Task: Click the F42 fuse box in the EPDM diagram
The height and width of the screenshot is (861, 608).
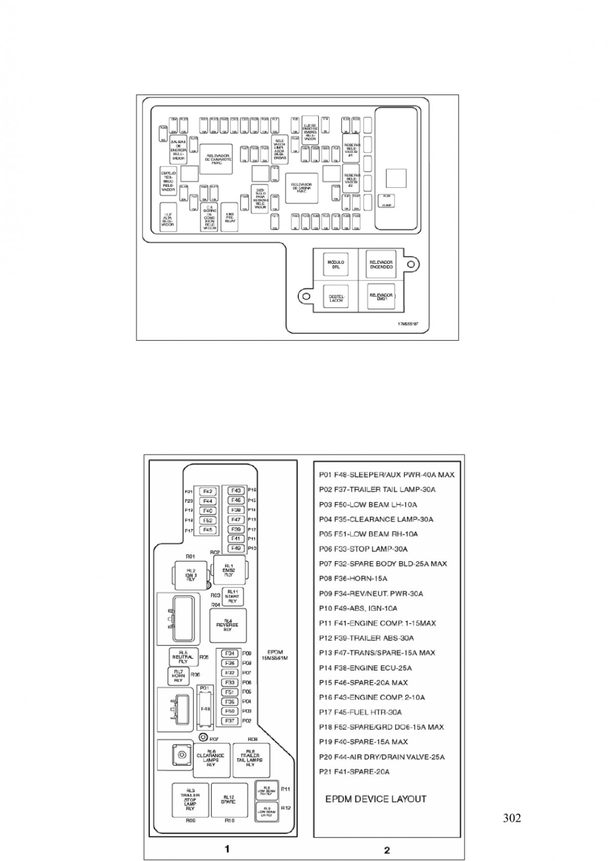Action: point(208,491)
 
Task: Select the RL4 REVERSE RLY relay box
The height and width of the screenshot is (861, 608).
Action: point(227,625)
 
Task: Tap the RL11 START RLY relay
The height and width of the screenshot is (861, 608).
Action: point(232,596)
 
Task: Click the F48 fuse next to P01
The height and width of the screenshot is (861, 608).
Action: point(205,709)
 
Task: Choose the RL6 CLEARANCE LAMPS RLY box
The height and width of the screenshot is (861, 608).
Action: point(211,760)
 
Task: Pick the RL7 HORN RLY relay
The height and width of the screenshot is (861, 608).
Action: point(178,676)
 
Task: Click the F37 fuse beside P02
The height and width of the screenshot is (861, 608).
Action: point(230,721)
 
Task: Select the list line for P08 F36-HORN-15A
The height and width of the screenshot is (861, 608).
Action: point(353,579)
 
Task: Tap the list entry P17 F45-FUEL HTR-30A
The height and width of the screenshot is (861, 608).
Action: point(360,712)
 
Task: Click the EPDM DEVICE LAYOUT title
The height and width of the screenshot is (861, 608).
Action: point(375,799)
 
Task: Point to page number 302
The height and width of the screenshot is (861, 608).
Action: point(512,818)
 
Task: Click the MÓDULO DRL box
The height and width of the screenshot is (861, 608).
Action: point(336,264)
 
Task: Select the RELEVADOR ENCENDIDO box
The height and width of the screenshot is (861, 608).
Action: point(381,264)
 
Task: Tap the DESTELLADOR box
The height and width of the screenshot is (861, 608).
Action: point(336,297)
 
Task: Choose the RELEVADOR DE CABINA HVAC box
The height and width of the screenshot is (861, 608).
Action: point(301,188)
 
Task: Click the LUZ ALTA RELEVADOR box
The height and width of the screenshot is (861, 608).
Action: point(168,218)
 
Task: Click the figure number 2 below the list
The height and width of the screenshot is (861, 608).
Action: point(387,850)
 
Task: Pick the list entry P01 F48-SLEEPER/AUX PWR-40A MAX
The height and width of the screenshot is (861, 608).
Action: point(387,475)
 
